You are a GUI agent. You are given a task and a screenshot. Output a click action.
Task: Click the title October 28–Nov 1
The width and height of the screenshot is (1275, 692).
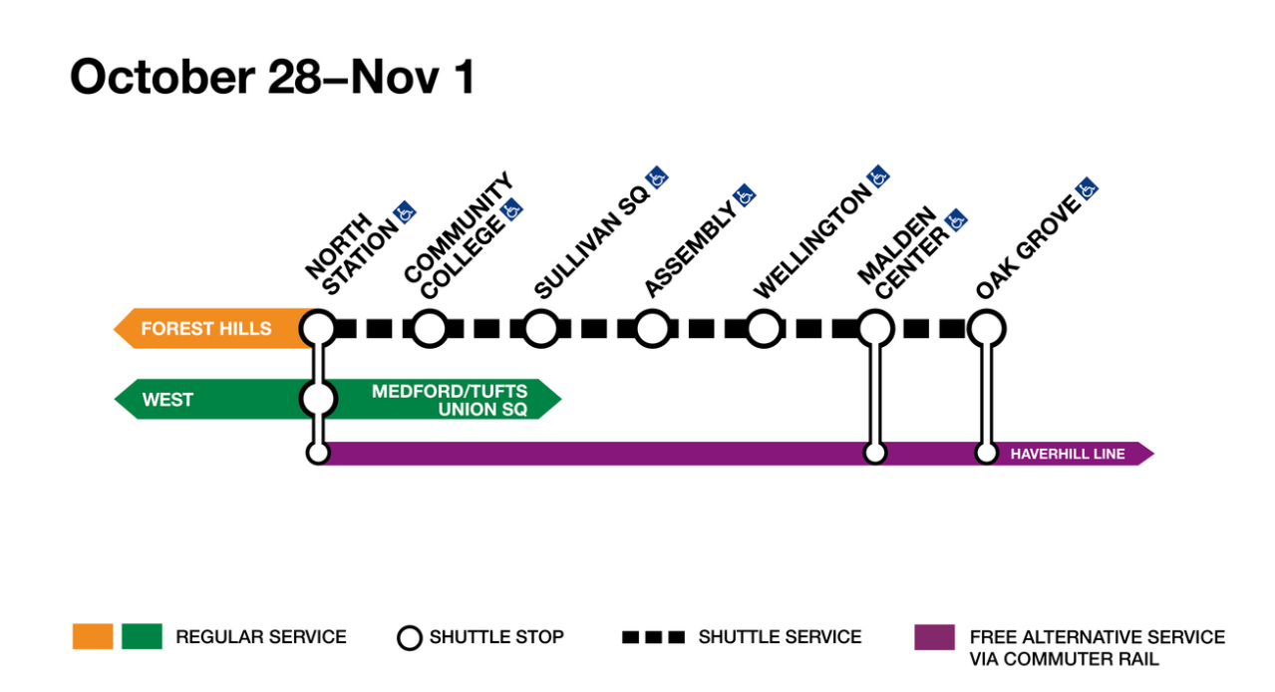[272, 77]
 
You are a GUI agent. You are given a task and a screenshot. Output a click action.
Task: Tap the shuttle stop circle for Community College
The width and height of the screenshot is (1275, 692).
[430, 328]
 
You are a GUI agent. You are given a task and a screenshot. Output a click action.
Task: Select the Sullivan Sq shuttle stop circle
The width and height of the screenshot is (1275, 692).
[540, 328]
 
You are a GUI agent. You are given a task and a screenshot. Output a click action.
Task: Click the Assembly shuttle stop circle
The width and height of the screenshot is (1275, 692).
[652, 328]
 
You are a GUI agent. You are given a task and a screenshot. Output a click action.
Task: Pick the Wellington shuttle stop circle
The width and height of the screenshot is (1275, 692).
[764, 328]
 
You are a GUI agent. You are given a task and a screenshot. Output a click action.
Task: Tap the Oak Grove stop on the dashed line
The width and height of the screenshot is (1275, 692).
[986, 328]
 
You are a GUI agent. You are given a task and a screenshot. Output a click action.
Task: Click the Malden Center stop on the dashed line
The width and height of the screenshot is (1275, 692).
[875, 328]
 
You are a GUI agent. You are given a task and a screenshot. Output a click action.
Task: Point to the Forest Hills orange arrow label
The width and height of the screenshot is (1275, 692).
[205, 329]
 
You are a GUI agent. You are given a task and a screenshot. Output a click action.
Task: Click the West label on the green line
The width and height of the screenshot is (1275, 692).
[167, 400]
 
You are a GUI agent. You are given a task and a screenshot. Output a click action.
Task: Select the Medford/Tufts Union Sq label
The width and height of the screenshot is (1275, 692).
[450, 400]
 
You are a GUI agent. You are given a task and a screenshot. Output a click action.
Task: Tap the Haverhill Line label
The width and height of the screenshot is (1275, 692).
[1067, 455]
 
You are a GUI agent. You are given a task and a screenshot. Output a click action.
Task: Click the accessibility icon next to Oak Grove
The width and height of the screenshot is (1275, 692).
[1088, 187]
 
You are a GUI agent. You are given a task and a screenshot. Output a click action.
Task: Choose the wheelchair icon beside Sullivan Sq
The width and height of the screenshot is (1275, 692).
[656, 177]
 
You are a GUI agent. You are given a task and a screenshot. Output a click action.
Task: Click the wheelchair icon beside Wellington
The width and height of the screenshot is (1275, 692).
[878, 176]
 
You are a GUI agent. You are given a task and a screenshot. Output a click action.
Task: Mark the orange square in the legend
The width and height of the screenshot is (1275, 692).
[93, 636]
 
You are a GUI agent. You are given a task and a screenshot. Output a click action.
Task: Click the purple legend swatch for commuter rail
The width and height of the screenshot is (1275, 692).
[934, 636]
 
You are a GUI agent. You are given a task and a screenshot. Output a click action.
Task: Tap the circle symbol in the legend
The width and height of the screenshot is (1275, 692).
[410, 637]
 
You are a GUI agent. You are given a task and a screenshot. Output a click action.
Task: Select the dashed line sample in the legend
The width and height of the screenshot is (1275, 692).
[653, 637]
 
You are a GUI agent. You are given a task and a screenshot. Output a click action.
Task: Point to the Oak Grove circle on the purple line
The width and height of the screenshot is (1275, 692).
[986, 454]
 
